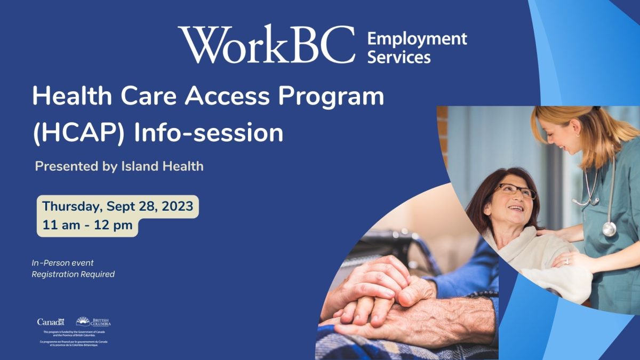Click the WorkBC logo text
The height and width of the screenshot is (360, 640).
coord(267,44)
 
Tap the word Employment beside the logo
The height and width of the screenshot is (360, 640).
coord(417,39)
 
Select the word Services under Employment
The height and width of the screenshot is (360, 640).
coord(398,57)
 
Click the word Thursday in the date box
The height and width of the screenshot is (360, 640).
coord(73,206)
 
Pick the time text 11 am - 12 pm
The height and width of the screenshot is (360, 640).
coord(87,225)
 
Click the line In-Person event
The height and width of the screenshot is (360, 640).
coord(62,263)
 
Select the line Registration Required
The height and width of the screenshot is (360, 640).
coord(73,274)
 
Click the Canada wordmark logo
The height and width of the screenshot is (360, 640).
coord(50,322)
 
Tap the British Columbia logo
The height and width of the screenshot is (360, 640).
coord(93,321)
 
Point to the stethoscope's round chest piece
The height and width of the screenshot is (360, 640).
coord(609,229)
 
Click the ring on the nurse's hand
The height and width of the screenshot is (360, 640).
coord(566,261)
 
